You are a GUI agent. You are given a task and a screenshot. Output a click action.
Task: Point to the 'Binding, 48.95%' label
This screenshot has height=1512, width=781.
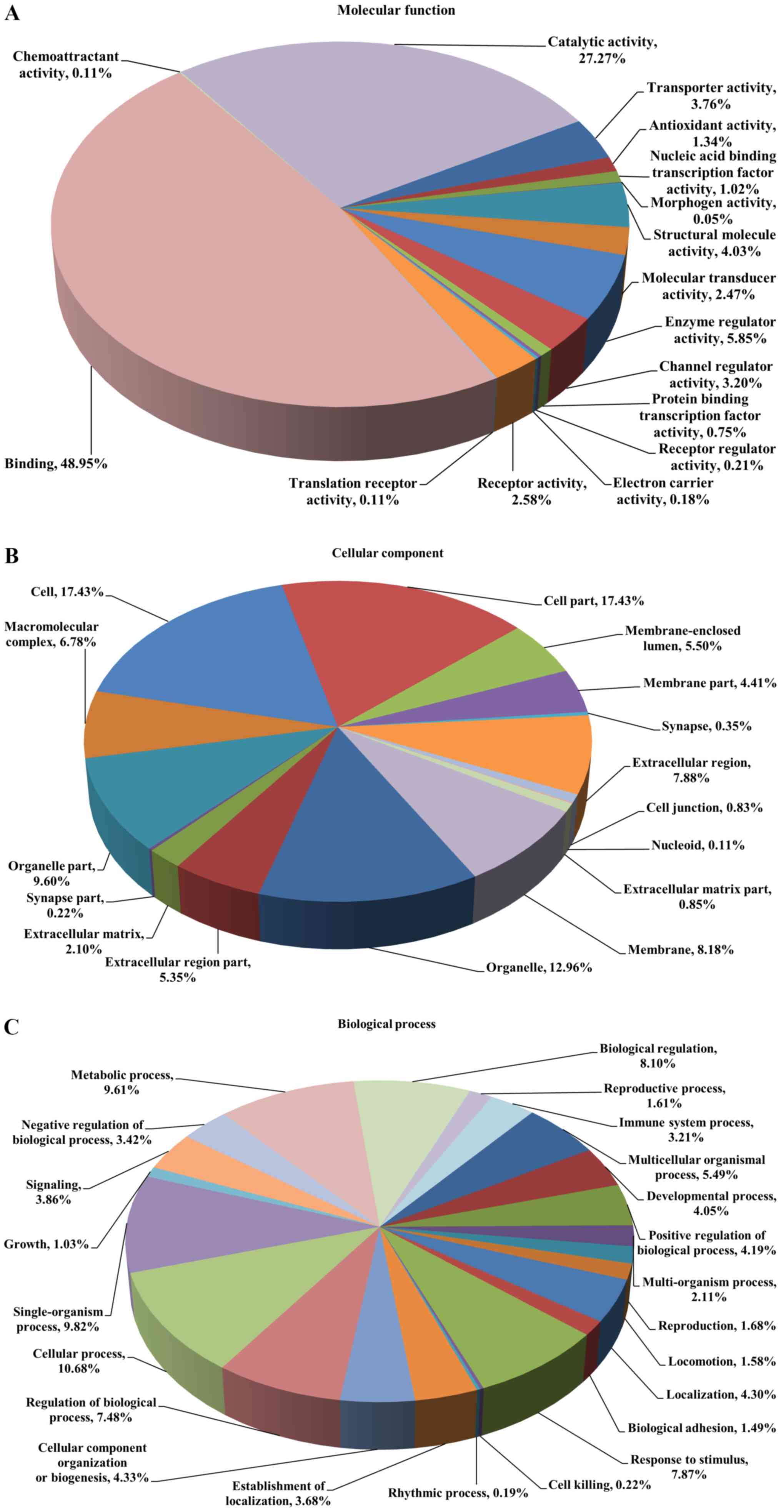pos(56,464)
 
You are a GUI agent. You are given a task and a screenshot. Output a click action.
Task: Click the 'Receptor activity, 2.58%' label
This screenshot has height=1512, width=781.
pos(531,491)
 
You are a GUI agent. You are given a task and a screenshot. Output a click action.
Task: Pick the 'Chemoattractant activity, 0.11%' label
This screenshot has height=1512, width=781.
pos(65,65)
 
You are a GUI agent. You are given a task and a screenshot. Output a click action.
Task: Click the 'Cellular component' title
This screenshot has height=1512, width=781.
pos(387,553)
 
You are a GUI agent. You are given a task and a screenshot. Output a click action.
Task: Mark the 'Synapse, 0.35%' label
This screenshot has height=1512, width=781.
pos(706,726)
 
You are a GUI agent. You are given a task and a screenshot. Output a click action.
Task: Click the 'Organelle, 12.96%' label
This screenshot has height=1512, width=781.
pos(539,967)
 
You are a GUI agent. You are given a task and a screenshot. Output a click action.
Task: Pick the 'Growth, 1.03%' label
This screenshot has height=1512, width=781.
pos(46,1244)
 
